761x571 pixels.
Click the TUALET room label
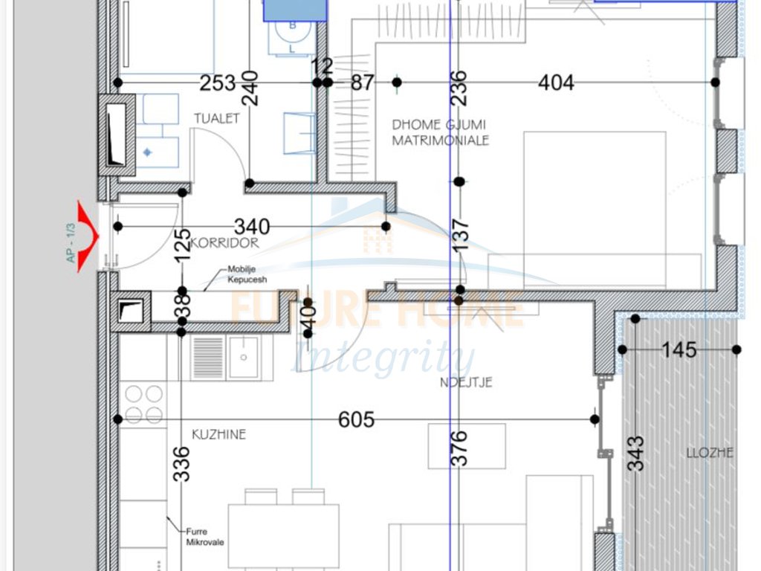coord(217,118)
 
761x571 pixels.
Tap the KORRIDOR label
coord(224,243)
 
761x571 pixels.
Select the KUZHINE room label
coord(218,434)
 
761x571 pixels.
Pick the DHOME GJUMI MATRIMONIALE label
coord(441,132)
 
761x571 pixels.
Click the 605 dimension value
coord(357,420)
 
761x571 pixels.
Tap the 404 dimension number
coord(556,83)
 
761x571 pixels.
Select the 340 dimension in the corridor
coord(252,226)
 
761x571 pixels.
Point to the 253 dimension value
coord(218,83)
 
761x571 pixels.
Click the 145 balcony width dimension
coord(679,349)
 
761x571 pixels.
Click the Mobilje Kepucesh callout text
coord(247,275)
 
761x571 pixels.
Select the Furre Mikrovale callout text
coord(200,537)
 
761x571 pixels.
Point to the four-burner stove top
coord(144,404)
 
